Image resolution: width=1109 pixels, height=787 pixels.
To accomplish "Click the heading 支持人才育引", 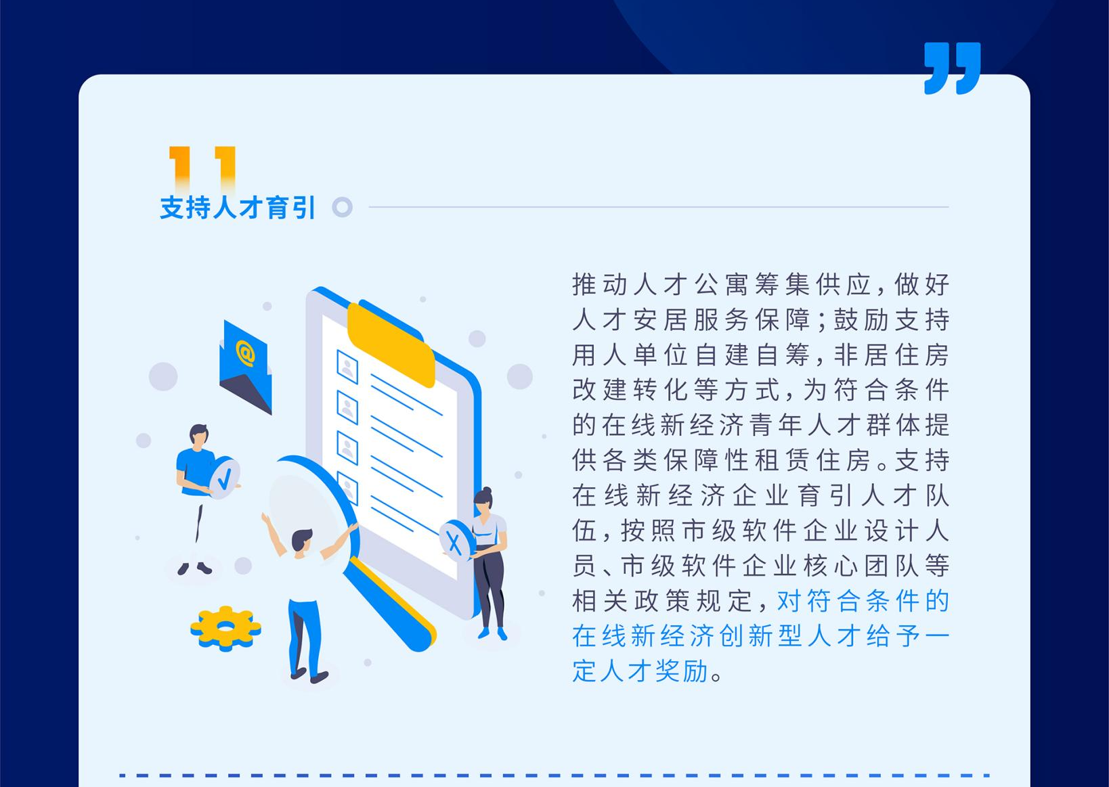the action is point(238,207).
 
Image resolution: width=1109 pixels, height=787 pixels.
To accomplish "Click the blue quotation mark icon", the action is point(952,68).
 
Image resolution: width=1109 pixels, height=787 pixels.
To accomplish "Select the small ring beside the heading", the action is point(342,207).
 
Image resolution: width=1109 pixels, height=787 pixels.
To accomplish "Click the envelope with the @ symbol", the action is point(246,367).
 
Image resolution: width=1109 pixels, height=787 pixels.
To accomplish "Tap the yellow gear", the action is point(225,628).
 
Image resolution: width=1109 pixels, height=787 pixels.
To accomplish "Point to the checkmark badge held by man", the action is point(224,477).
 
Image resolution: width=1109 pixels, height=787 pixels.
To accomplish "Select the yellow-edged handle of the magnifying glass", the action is point(389,602).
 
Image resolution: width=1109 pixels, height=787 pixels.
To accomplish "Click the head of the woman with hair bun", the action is point(483,500).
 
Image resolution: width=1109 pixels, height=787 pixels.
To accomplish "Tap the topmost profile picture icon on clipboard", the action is point(347,367).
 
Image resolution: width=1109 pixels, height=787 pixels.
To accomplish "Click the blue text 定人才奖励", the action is point(640,671).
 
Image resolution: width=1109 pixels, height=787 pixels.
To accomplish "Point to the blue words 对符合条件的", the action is point(863,601).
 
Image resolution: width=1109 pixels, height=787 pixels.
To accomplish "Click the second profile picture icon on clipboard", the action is point(347,407).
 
